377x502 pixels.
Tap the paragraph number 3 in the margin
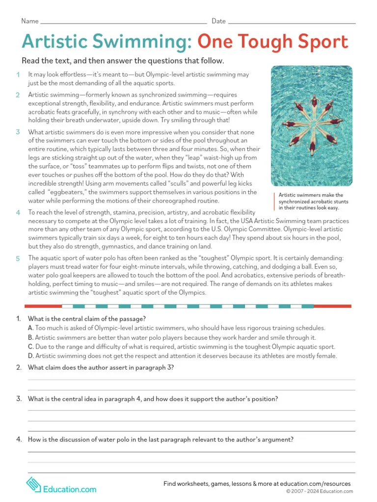(18, 132)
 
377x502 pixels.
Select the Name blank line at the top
(123, 23)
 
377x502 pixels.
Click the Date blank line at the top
(292, 23)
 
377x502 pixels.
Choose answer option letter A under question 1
(30, 328)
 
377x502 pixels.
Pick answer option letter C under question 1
(30, 347)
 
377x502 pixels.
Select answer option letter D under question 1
(30, 356)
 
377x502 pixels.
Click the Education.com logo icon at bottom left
(33, 484)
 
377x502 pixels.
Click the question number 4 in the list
(18, 440)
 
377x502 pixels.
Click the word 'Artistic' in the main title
(55, 42)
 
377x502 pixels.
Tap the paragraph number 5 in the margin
(18, 258)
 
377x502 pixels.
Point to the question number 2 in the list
(18, 368)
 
